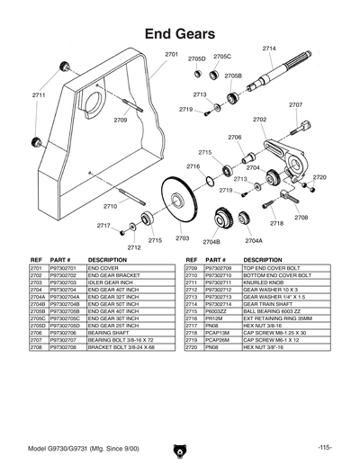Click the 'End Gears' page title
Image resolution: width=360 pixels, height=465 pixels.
[x=179, y=33]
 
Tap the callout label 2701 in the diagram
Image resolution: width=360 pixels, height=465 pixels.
[x=171, y=56]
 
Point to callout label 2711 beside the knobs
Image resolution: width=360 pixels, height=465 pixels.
[x=40, y=94]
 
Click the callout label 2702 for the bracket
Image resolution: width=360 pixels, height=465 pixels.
[x=259, y=119]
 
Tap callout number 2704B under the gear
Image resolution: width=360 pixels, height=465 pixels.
[x=211, y=241]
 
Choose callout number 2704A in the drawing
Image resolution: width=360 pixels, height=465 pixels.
[x=254, y=241]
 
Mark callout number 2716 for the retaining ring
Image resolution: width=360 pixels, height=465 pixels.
[x=193, y=166]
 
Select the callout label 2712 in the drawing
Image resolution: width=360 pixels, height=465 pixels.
[x=133, y=247]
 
